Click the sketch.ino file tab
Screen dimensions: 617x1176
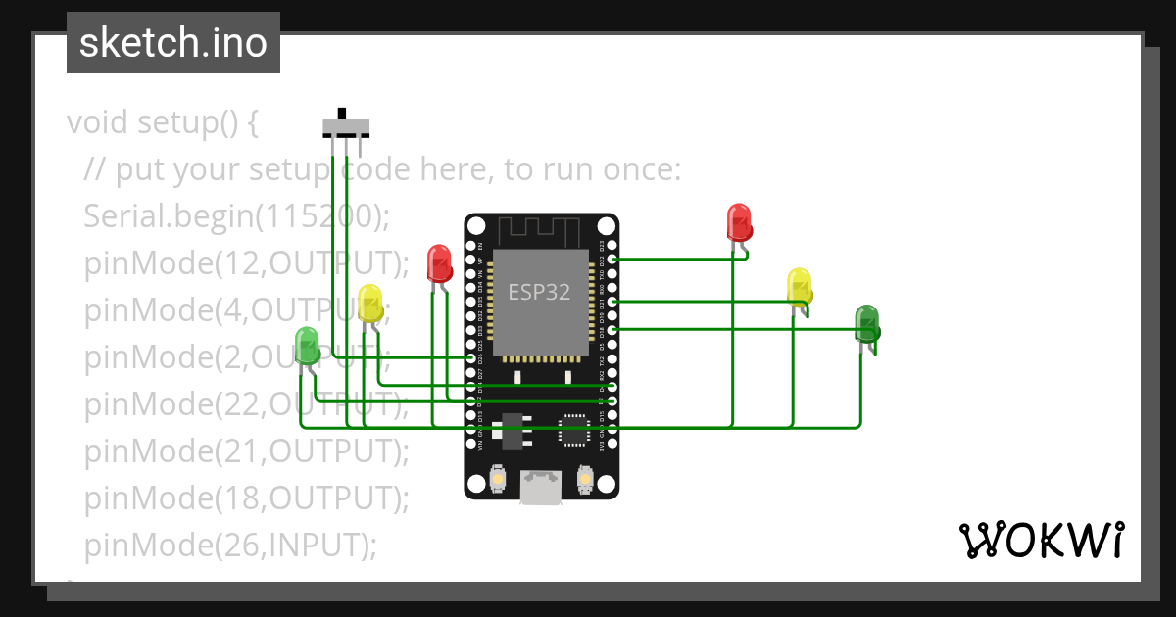[172, 43]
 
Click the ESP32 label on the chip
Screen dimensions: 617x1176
[539, 292]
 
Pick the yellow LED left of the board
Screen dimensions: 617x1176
[369, 304]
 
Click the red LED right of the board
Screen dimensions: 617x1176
[739, 222]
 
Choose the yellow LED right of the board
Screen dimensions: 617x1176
[800, 286]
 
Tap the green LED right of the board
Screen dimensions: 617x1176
[867, 323]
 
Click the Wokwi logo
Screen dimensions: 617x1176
[1041, 540]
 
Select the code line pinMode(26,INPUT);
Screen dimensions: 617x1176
[229, 545]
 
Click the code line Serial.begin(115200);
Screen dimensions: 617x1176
[236, 215]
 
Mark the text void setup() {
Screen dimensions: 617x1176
[162, 122]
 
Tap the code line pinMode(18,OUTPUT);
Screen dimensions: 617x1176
[245, 498]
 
